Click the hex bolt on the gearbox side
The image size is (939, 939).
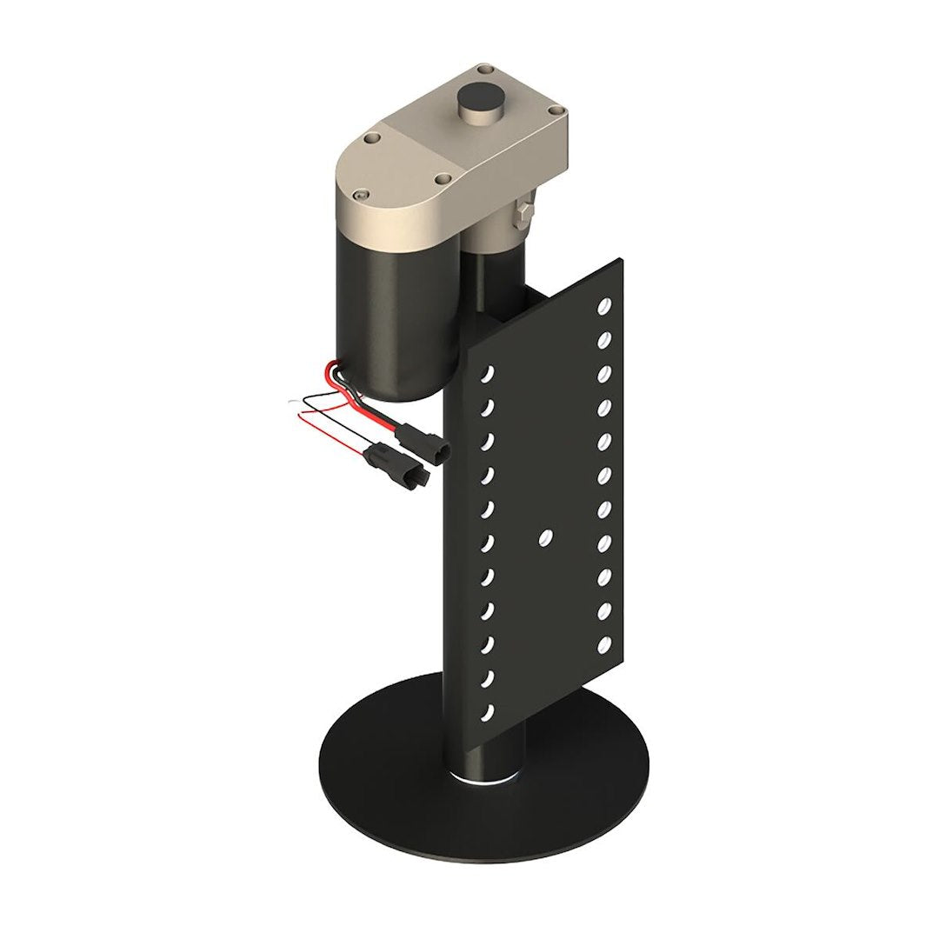pyautogui.click(x=522, y=211)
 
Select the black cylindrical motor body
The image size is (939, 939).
pyautogui.click(x=396, y=322)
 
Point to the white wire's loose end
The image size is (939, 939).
pyautogui.click(x=290, y=403)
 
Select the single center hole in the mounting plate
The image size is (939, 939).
pyautogui.click(x=545, y=536)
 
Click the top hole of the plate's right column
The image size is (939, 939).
pyautogui.click(x=604, y=306)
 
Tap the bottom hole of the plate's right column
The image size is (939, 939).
pyautogui.click(x=603, y=645)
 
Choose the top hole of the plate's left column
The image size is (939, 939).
pyautogui.click(x=489, y=374)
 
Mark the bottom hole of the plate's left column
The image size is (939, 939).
pyautogui.click(x=488, y=712)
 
